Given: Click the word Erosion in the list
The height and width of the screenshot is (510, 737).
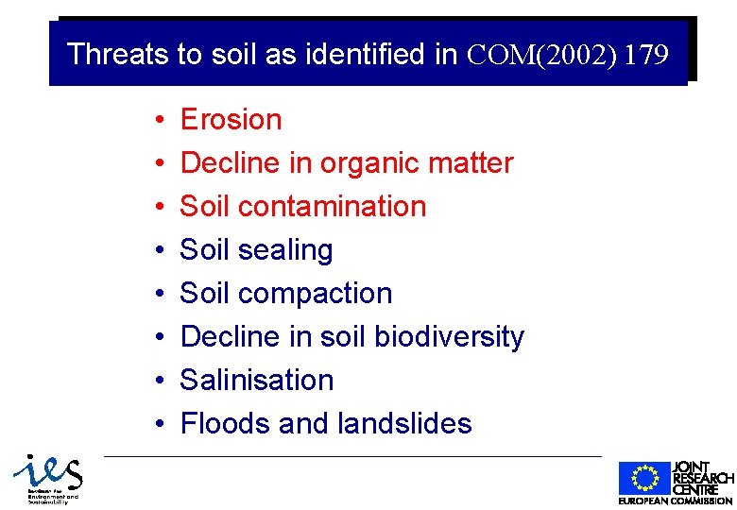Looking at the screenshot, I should click(x=231, y=120).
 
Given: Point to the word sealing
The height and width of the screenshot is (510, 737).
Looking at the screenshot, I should click(x=285, y=250).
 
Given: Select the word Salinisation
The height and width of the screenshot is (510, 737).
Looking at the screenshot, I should click(x=257, y=381).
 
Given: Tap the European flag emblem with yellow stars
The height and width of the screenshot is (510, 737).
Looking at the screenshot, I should click(x=643, y=479).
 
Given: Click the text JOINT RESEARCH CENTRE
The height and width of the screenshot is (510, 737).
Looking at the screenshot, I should click(x=702, y=478).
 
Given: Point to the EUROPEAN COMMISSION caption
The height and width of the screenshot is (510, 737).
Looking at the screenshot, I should click(x=675, y=501).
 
